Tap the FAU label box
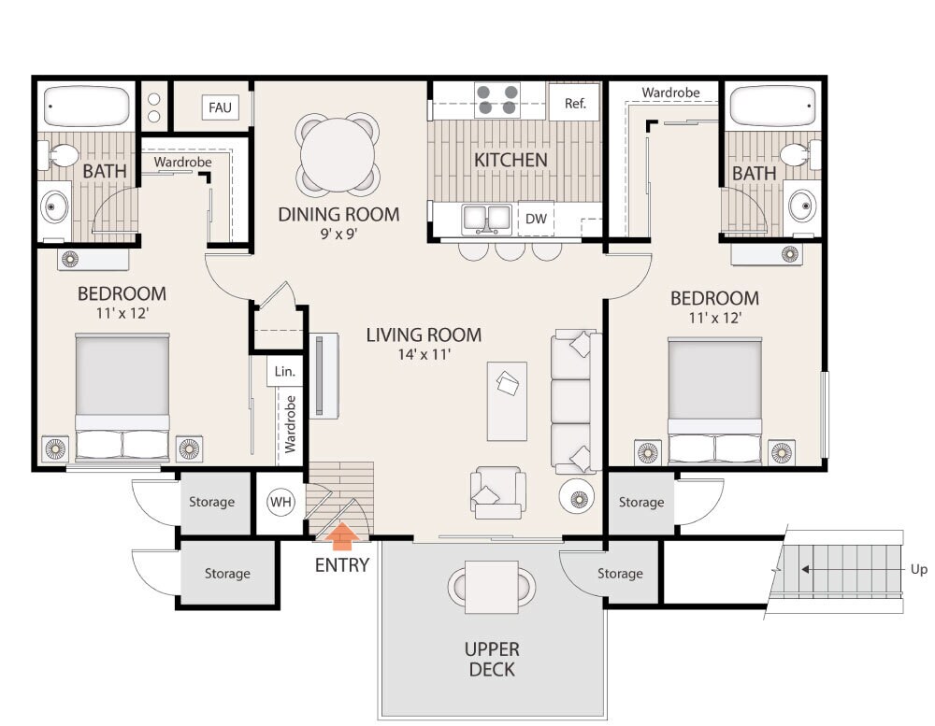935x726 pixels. pyautogui.click(x=220, y=107)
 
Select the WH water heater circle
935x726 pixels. pyautogui.click(x=280, y=502)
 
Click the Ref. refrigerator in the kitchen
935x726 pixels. pyautogui.click(x=574, y=103)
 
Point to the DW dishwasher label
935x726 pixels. pyautogui.click(x=536, y=219)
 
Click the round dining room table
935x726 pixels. pyautogui.click(x=338, y=155)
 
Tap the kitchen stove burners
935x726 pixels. pyautogui.click(x=497, y=100)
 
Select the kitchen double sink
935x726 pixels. pyautogui.click(x=486, y=219)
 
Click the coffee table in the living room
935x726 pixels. pyautogui.click(x=507, y=401)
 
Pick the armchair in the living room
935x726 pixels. pyautogui.click(x=498, y=493)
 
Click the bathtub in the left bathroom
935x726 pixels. pyautogui.click(x=87, y=107)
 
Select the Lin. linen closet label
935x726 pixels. pyautogui.click(x=284, y=371)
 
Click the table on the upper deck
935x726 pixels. pyautogui.click(x=492, y=587)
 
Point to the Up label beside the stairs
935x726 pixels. pyautogui.click(x=918, y=570)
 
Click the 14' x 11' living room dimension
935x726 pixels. pyautogui.click(x=424, y=355)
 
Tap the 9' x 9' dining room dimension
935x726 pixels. pyautogui.click(x=338, y=234)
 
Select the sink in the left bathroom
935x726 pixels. pyautogui.click(x=54, y=206)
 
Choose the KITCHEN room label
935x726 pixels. pyautogui.click(x=511, y=160)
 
